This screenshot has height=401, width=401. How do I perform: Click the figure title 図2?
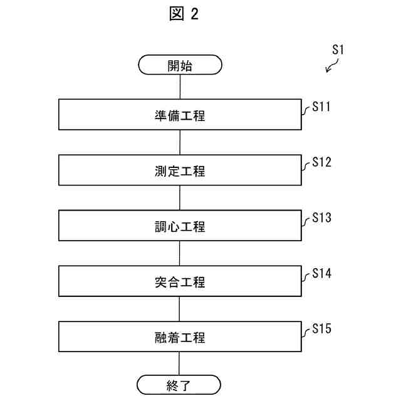point(184,14)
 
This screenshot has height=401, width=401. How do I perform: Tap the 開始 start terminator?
point(180,65)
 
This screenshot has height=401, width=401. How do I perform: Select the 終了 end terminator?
point(180,385)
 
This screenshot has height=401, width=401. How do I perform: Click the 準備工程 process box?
point(180,115)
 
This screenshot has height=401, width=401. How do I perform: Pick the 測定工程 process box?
point(180,170)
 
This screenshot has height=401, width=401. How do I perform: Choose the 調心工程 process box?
point(180,226)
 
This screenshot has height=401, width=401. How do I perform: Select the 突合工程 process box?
point(180,281)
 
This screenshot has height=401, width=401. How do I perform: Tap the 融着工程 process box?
point(180,336)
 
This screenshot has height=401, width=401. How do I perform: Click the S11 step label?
point(321,107)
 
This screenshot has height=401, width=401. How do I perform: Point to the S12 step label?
point(321,163)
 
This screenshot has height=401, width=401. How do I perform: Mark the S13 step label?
point(321,218)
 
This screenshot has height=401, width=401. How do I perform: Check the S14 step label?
point(321,274)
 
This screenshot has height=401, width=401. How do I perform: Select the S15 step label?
point(321,329)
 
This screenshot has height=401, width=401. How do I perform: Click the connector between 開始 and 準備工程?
point(180,86)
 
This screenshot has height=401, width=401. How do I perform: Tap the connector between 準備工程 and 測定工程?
point(180,142)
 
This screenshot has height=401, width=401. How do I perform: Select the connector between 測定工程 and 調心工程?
point(180,198)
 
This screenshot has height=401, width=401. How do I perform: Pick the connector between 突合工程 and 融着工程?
point(180,309)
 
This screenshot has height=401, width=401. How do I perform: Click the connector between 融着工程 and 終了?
point(180,363)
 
